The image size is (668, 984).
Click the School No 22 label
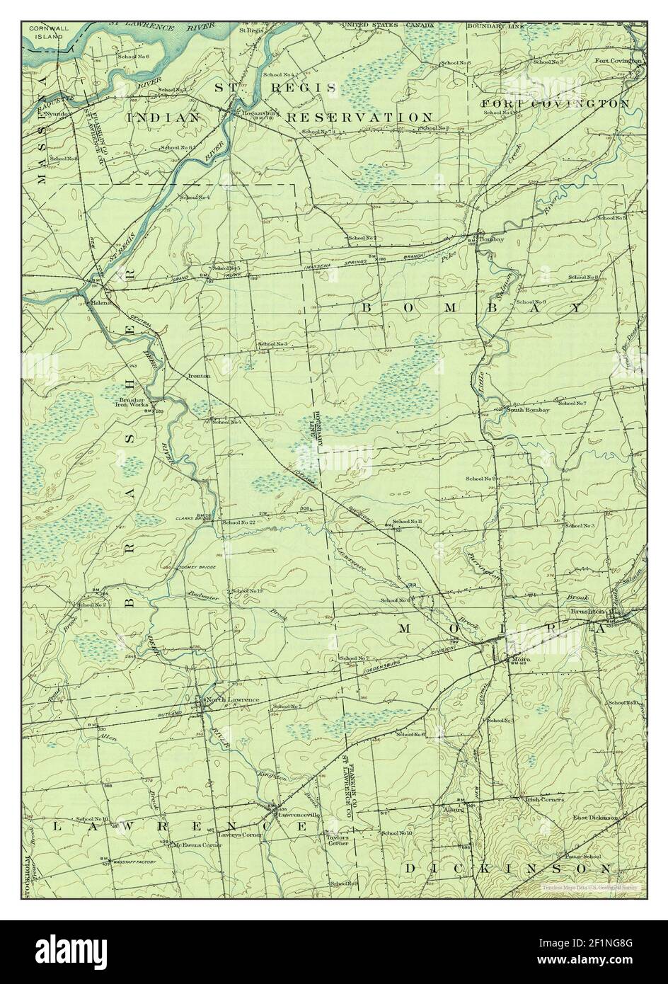[x=238, y=522]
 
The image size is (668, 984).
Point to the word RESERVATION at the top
[x=359, y=117]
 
